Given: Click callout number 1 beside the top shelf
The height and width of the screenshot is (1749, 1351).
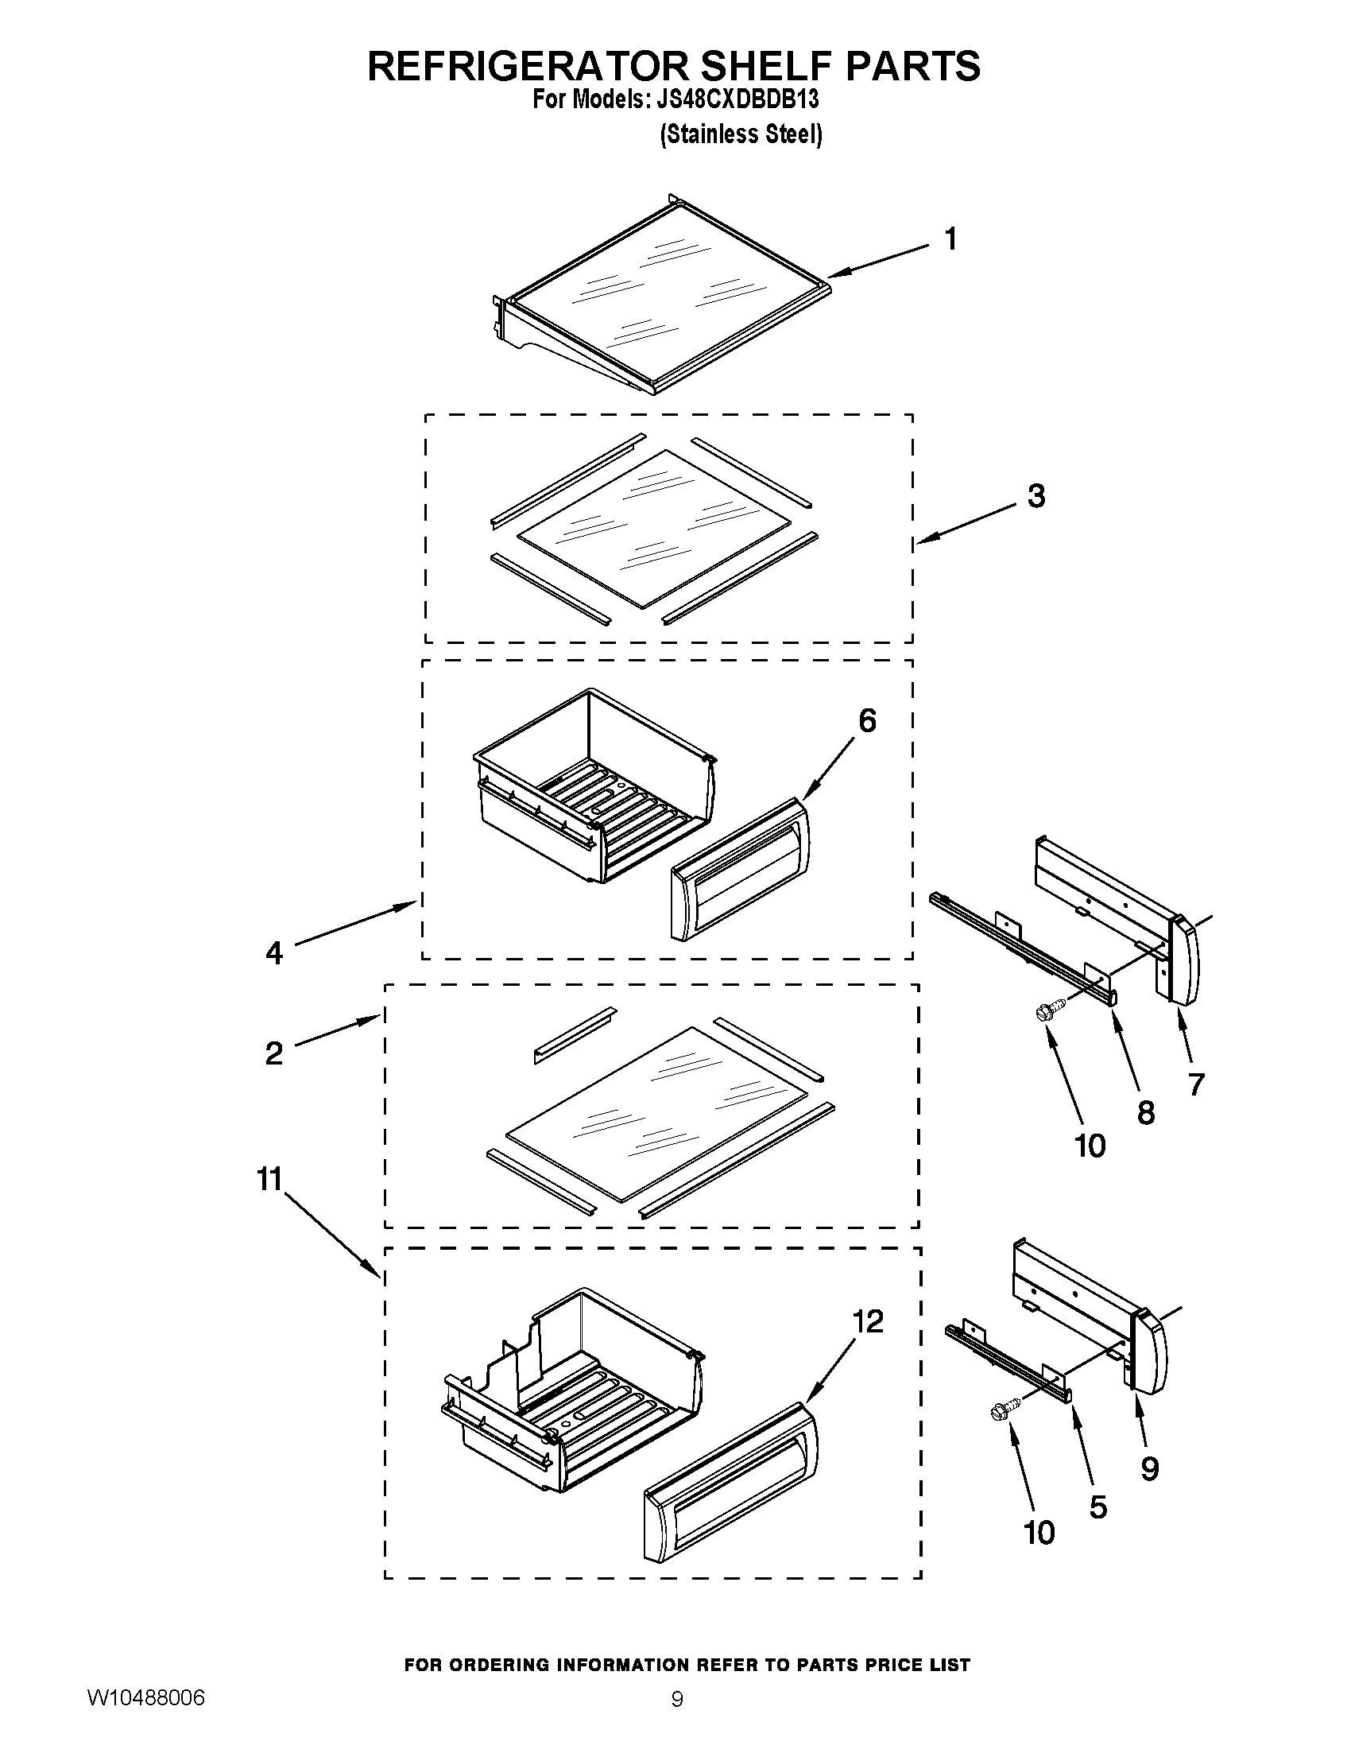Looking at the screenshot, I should click(x=950, y=239).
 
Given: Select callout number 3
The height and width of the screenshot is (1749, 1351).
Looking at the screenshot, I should click(x=1036, y=497).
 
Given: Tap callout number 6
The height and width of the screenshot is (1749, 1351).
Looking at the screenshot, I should click(x=867, y=721).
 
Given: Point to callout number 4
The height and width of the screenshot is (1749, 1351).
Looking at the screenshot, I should click(x=274, y=953).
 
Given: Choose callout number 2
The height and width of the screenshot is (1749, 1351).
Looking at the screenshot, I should click(x=273, y=1053).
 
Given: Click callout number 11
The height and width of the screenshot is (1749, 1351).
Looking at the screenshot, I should click(x=269, y=1180).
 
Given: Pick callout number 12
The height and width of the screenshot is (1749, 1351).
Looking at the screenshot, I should click(x=868, y=1321).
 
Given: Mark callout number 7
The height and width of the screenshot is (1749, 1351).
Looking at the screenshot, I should click(x=1196, y=1084).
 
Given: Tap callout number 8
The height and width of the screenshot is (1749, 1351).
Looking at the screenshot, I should click(x=1146, y=1112).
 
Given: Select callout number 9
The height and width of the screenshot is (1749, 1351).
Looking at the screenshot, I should click(x=1149, y=1468).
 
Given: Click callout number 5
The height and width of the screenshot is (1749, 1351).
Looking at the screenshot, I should click(x=1098, y=1507).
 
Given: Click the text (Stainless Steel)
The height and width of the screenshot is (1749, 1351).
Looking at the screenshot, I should click(x=741, y=134).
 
